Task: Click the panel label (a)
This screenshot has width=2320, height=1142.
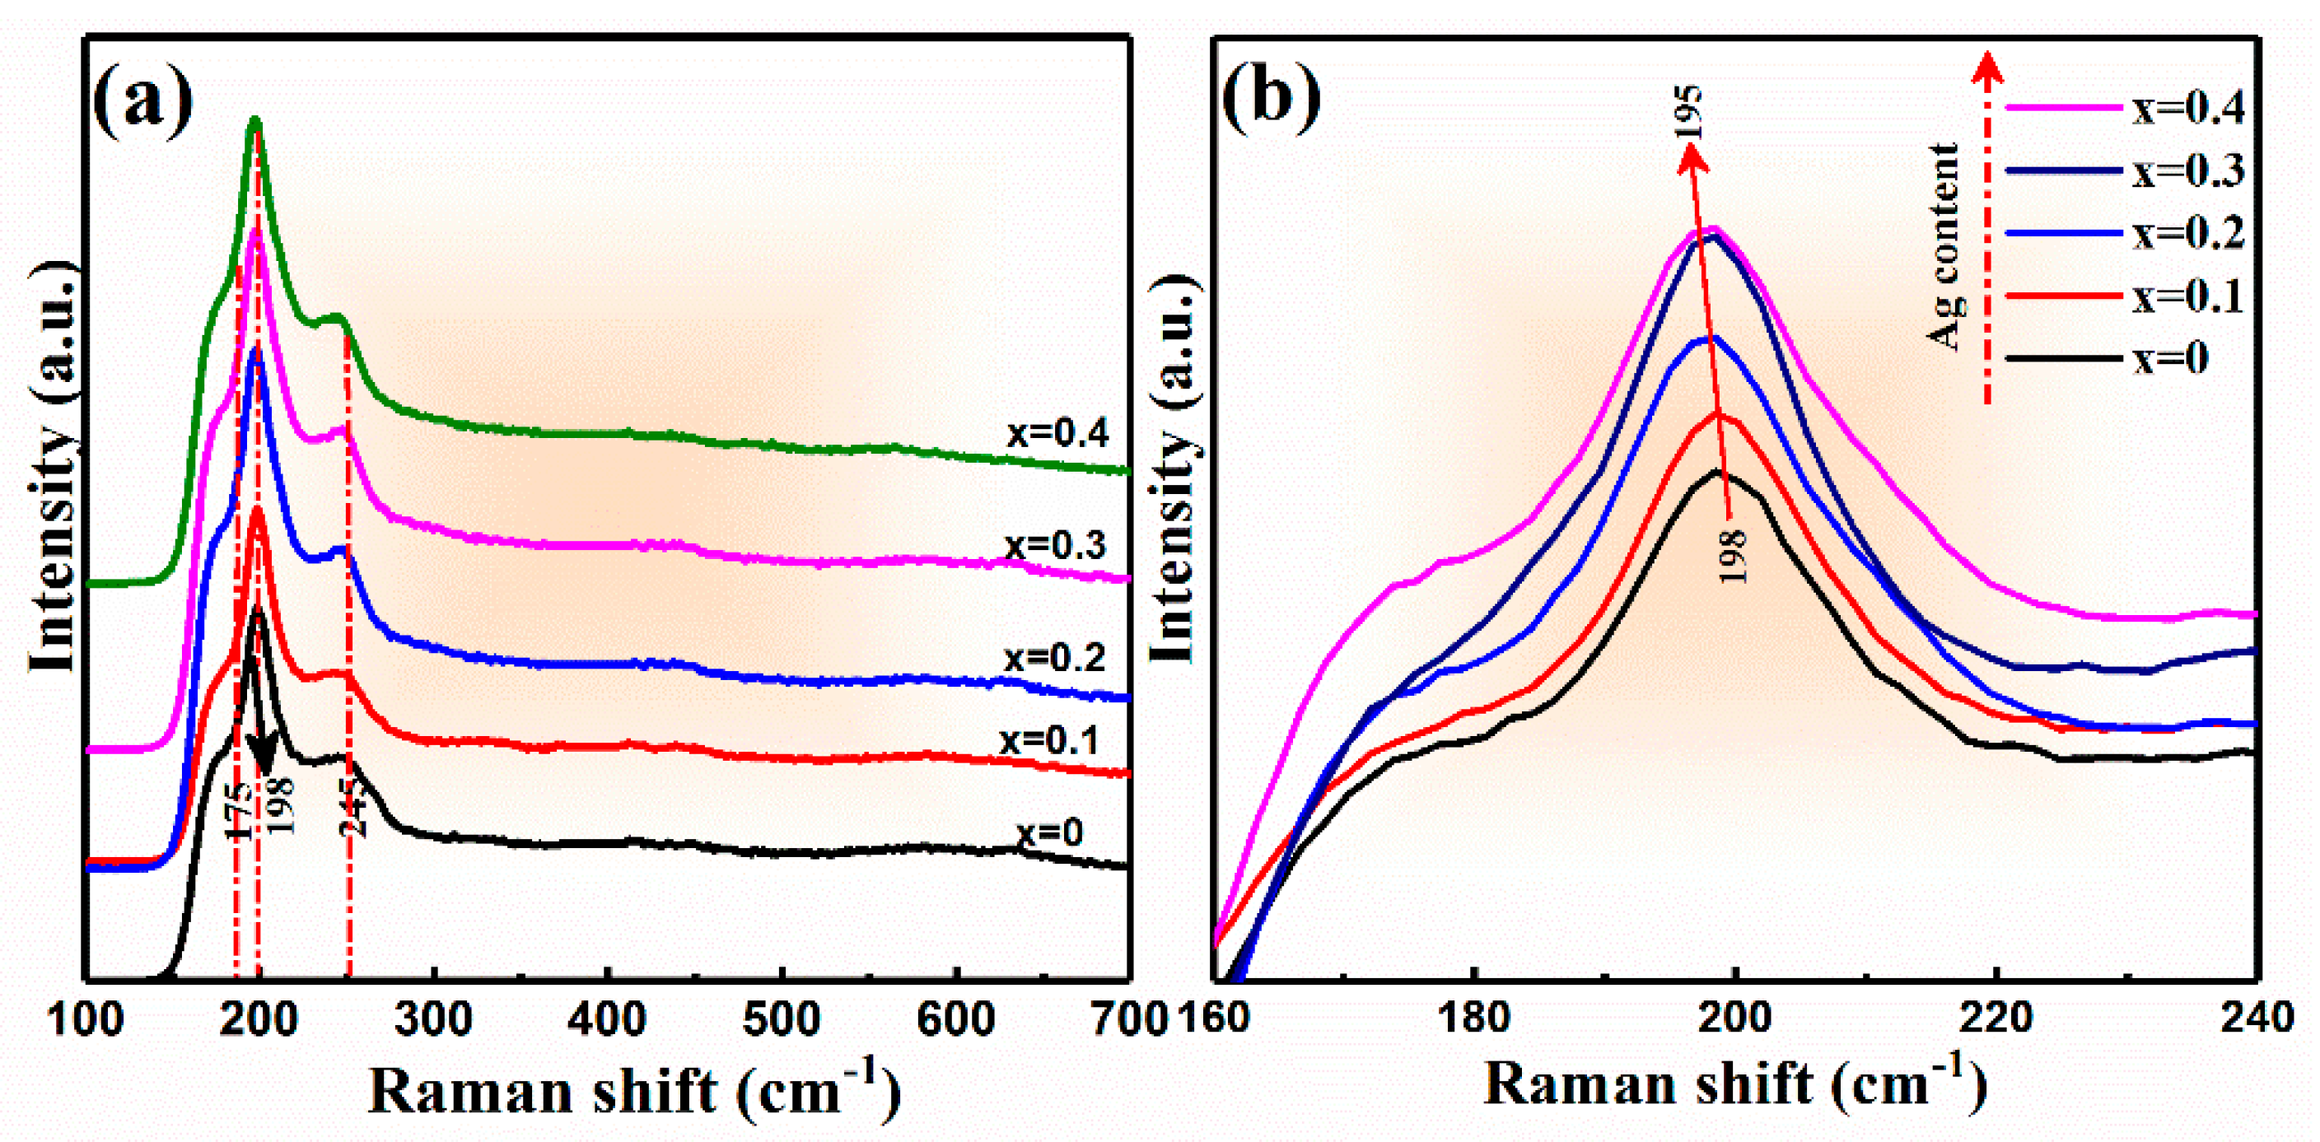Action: point(142,104)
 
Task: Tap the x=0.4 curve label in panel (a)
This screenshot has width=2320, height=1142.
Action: point(1057,434)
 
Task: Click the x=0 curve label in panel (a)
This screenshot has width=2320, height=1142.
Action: point(1049,832)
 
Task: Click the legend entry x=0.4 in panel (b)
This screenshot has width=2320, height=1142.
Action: point(2187,108)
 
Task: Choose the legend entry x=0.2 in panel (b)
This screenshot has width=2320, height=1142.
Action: point(2187,233)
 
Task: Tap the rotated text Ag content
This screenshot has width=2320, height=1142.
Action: point(1944,245)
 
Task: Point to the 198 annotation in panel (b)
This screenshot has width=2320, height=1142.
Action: point(1731,556)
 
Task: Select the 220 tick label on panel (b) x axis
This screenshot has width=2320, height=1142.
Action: point(1996,1018)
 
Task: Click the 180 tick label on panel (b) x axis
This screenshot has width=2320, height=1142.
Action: point(1473,1018)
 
